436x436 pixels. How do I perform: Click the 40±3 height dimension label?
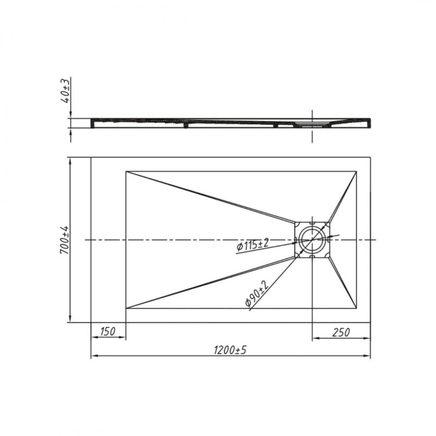pos(66,91)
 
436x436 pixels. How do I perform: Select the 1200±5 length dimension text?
pos(230,350)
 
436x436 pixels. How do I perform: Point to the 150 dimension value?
pos(108,331)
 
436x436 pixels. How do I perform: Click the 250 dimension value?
pos(341,332)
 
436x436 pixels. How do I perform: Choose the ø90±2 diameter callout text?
pos(256,293)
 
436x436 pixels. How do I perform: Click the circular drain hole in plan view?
pos(312,240)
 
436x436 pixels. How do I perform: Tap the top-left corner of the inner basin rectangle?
pos(126,171)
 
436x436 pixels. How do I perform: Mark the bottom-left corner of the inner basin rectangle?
pos(126,308)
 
